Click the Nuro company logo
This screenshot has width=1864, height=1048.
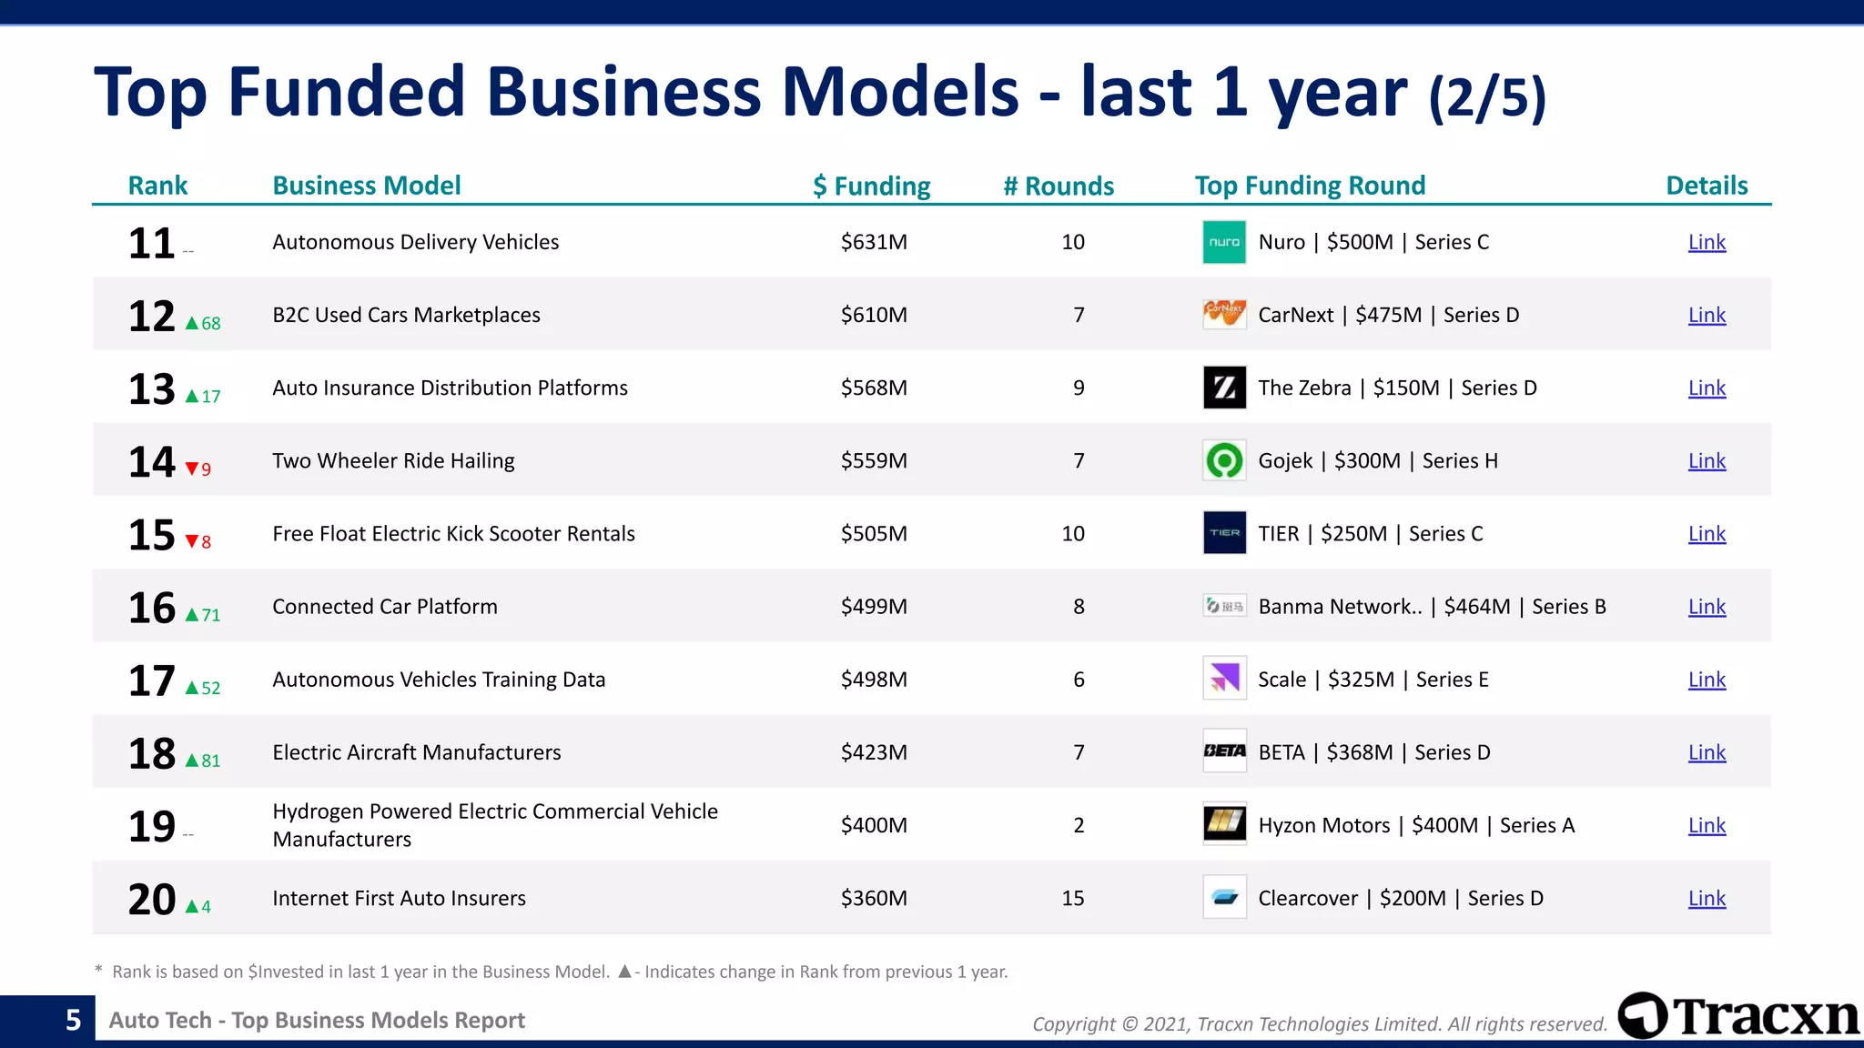1224,242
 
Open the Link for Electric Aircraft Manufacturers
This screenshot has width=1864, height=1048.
1707,752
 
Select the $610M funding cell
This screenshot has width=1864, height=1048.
874,315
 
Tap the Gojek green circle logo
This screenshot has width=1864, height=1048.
1224,460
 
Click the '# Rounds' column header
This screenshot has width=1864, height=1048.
1059,186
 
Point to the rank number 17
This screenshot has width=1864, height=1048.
151,680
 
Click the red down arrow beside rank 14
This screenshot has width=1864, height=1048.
192,469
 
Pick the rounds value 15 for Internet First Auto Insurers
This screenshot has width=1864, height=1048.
1073,898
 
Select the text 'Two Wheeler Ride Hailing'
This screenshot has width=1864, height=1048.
393,460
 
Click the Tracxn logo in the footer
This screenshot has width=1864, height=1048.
1739,1016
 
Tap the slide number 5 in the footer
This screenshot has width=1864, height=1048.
74,1020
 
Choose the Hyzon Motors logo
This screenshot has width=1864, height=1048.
1224,824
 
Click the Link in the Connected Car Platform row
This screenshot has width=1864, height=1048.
1707,607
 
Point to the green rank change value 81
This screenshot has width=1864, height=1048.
211,761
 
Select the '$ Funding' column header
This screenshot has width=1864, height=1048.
872,186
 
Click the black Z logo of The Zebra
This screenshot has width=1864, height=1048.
1224,388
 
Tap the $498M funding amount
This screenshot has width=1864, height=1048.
874,680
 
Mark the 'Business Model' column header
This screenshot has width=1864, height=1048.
367,186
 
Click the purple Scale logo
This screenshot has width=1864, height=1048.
1224,679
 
